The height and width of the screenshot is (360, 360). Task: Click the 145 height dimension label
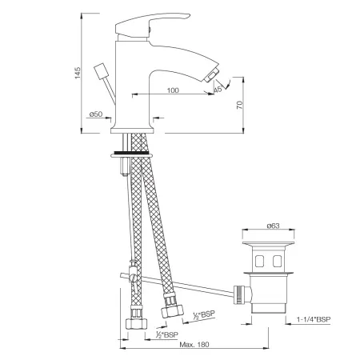(x=78, y=73)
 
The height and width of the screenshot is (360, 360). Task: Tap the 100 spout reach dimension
(x=173, y=90)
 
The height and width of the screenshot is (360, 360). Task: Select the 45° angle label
(x=218, y=89)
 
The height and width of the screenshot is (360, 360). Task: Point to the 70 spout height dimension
(x=240, y=105)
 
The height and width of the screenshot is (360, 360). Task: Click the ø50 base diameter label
(x=96, y=114)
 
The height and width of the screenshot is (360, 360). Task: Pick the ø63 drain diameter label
(x=273, y=226)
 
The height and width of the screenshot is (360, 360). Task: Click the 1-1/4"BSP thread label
(x=314, y=319)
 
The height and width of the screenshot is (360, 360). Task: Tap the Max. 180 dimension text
(x=194, y=345)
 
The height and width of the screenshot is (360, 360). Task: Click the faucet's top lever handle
(x=152, y=25)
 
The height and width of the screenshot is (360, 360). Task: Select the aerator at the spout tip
(x=211, y=75)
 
